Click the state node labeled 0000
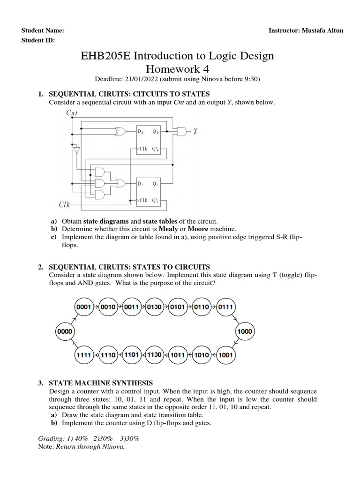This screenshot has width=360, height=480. click(x=65, y=331)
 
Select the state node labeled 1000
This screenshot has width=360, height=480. click(x=245, y=331)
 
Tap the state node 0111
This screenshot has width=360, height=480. click(x=225, y=307)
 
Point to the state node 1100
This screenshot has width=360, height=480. click(x=154, y=355)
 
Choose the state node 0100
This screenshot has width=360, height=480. click(x=154, y=307)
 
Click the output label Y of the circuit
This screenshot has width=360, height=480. click(x=196, y=132)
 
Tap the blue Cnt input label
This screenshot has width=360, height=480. click(x=73, y=112)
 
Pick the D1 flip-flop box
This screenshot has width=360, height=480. click(x=149, y=191)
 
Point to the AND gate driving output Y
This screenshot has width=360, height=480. click(x=180, y=132)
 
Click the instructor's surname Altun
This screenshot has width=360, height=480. click(x=334, y=30)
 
